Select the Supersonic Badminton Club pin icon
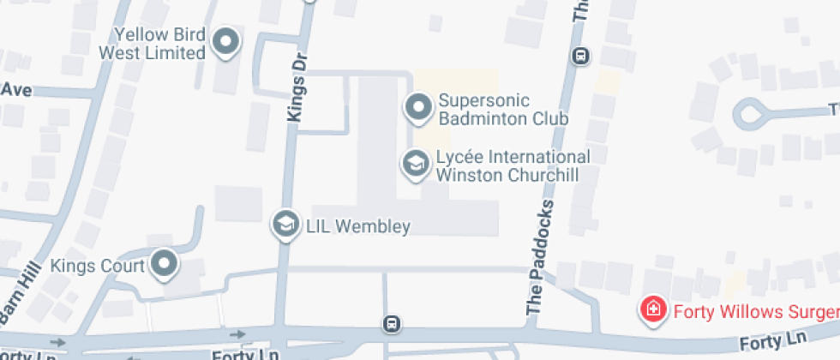coord(418,108)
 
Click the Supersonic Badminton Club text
coord(502,110)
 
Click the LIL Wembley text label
coord(358,227)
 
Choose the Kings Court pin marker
coord(163,264)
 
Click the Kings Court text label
coord(96,265)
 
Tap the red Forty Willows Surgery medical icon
coord(653,309)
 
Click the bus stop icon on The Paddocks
coord(581,57)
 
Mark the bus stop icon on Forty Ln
coord(391,323)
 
